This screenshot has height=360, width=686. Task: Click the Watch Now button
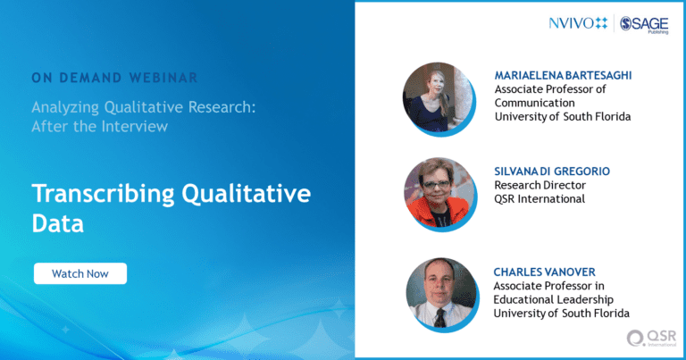[x=80, y=273]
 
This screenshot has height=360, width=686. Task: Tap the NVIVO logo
[x=579, y=23]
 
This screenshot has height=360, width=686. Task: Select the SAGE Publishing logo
[x=644, y=24]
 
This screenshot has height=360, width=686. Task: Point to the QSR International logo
[x=652, y=339]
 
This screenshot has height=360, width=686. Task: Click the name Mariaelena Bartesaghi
[x=563, y=75]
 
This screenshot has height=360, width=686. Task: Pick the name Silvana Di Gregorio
[x=552, y=171]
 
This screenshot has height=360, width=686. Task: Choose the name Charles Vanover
[x=544, y=272]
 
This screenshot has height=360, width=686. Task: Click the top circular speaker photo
[x=438, y=97]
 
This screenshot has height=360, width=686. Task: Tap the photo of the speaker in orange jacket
[x=439, y=193]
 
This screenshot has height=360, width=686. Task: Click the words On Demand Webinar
[x=114, y=78]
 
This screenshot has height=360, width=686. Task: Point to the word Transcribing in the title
[x=104, y=194]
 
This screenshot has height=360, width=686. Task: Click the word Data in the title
[x=57, y=223]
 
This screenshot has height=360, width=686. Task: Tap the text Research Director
[x=540, y=185]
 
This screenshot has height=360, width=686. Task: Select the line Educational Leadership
[x=554, y=299]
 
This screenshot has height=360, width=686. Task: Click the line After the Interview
[x=100, y=127]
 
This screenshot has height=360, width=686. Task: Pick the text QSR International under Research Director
[x=540, y=199]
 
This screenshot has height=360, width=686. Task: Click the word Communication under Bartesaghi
[x=535, y=103]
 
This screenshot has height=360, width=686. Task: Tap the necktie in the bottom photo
[x=439, y=318]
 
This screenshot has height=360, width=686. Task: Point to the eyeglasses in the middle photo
[x=436, y=185]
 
